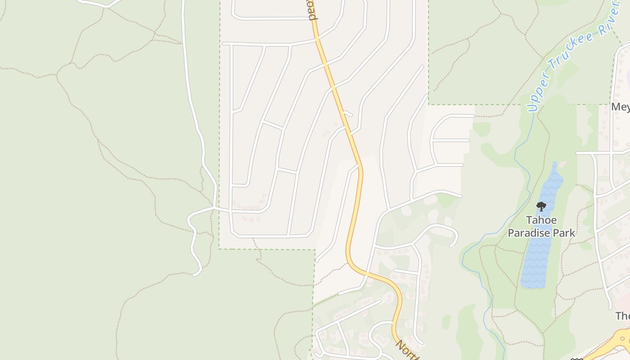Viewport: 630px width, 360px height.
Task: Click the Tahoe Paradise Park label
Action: point(541,226)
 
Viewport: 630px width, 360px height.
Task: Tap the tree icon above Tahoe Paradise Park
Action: point(541,207)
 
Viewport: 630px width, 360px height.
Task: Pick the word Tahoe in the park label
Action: point(542,220)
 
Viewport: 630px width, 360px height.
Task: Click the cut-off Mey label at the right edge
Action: point(621,107)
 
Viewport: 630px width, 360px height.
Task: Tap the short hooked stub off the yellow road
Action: point(348,113)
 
